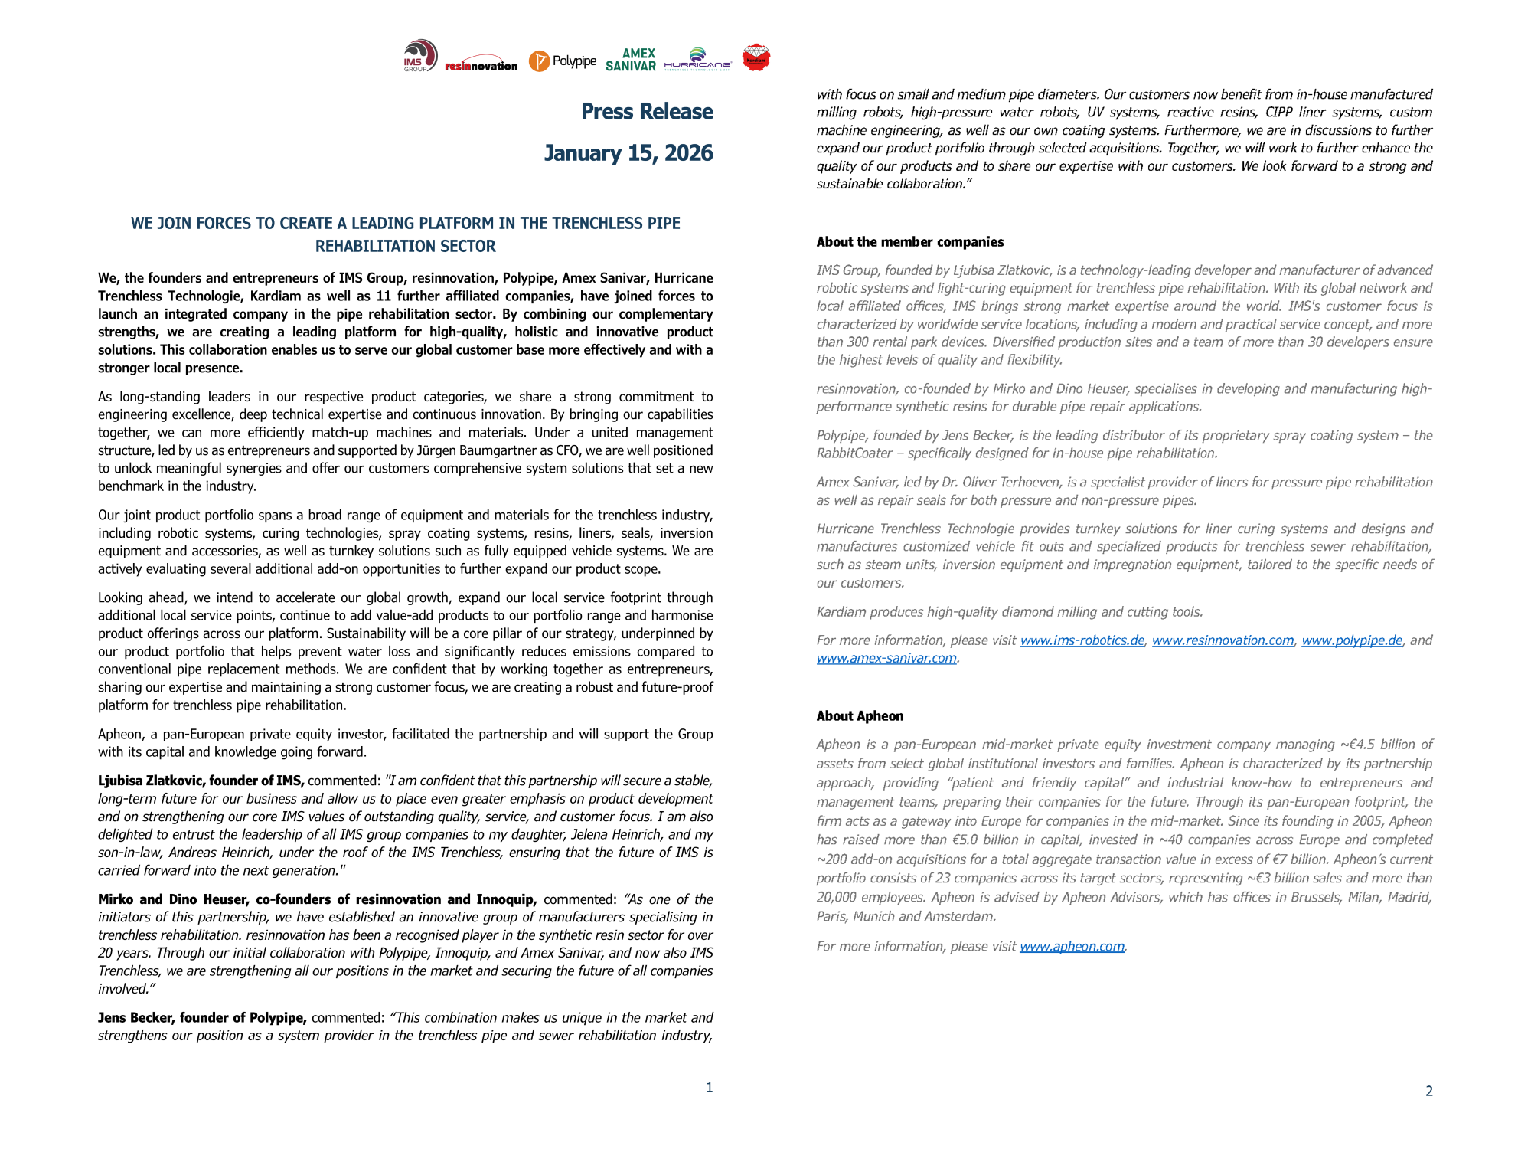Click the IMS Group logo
point(420,56)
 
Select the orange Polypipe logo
point(563,61)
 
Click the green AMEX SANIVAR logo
point(631,60)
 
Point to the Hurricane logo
point(697,59)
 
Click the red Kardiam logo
point(756,57)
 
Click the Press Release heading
point(647,112)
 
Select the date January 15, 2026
point(628,153)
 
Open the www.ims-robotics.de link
point(1082,640)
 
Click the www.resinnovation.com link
point(1223,640)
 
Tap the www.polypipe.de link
point(1352,640)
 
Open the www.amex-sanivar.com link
point(886,658)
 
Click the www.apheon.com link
point(1072,947)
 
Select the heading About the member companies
point(909,242)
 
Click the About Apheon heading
point(860,716)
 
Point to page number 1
point(710,1087)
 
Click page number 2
point(1428,1091)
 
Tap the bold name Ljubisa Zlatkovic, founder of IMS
point(201,781)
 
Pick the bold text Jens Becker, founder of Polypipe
point(202,1018)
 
